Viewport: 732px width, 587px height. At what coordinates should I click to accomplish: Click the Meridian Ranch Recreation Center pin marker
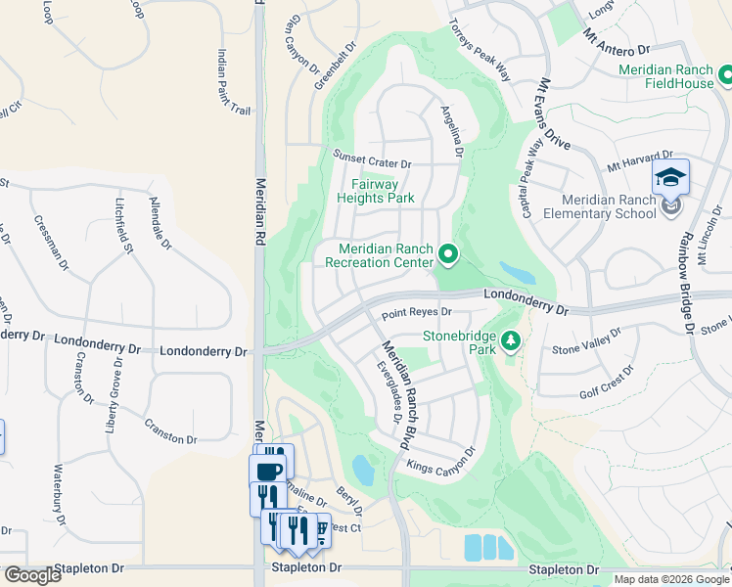click(449, 255)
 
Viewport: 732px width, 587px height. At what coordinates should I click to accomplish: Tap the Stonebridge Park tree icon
click(510, 340)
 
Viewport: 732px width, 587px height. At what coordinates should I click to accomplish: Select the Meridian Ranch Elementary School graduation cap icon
click(671, 177)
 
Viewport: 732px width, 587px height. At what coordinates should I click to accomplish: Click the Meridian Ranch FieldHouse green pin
click(726, 74)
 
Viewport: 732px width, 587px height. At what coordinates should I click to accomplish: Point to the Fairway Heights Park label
click(376, 191)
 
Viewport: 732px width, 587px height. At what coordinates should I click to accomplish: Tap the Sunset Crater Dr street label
click(372, 159)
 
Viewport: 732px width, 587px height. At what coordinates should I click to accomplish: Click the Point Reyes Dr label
click(417, 313)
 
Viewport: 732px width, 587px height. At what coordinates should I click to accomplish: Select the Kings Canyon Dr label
click(440, 461)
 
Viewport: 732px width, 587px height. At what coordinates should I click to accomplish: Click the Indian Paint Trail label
click(234, 83)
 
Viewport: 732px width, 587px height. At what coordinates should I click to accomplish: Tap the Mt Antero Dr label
click(617, 41)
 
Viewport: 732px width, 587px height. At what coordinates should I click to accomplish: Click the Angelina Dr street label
click(451, 133)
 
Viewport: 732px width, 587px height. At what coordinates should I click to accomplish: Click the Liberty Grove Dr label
click(114, 396)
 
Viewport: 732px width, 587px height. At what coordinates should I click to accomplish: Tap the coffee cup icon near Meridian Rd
click(267, 471)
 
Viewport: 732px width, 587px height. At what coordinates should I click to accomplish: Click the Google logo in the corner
click(32, 575)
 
